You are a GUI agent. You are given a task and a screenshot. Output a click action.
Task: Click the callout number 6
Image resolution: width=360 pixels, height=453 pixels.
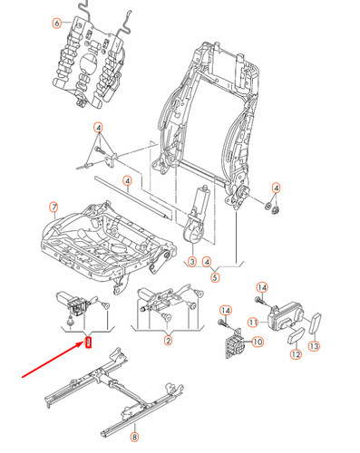point(57,22)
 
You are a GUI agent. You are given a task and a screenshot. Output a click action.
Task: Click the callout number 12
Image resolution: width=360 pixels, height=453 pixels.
point(296,356)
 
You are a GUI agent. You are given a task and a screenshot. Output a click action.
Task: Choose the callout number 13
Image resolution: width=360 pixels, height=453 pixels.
point(315,346)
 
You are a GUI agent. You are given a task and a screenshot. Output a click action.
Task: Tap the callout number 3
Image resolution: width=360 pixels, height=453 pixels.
point(191,263)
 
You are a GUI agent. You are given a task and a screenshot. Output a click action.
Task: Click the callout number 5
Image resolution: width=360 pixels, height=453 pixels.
point(215,276)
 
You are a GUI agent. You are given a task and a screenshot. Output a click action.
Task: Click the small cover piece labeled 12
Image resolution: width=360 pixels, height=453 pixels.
point(296,338)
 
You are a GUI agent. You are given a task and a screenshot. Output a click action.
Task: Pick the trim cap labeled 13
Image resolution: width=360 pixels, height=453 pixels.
point(318,323)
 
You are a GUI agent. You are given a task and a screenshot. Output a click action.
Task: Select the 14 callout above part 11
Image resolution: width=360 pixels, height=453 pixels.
point(261,286)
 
